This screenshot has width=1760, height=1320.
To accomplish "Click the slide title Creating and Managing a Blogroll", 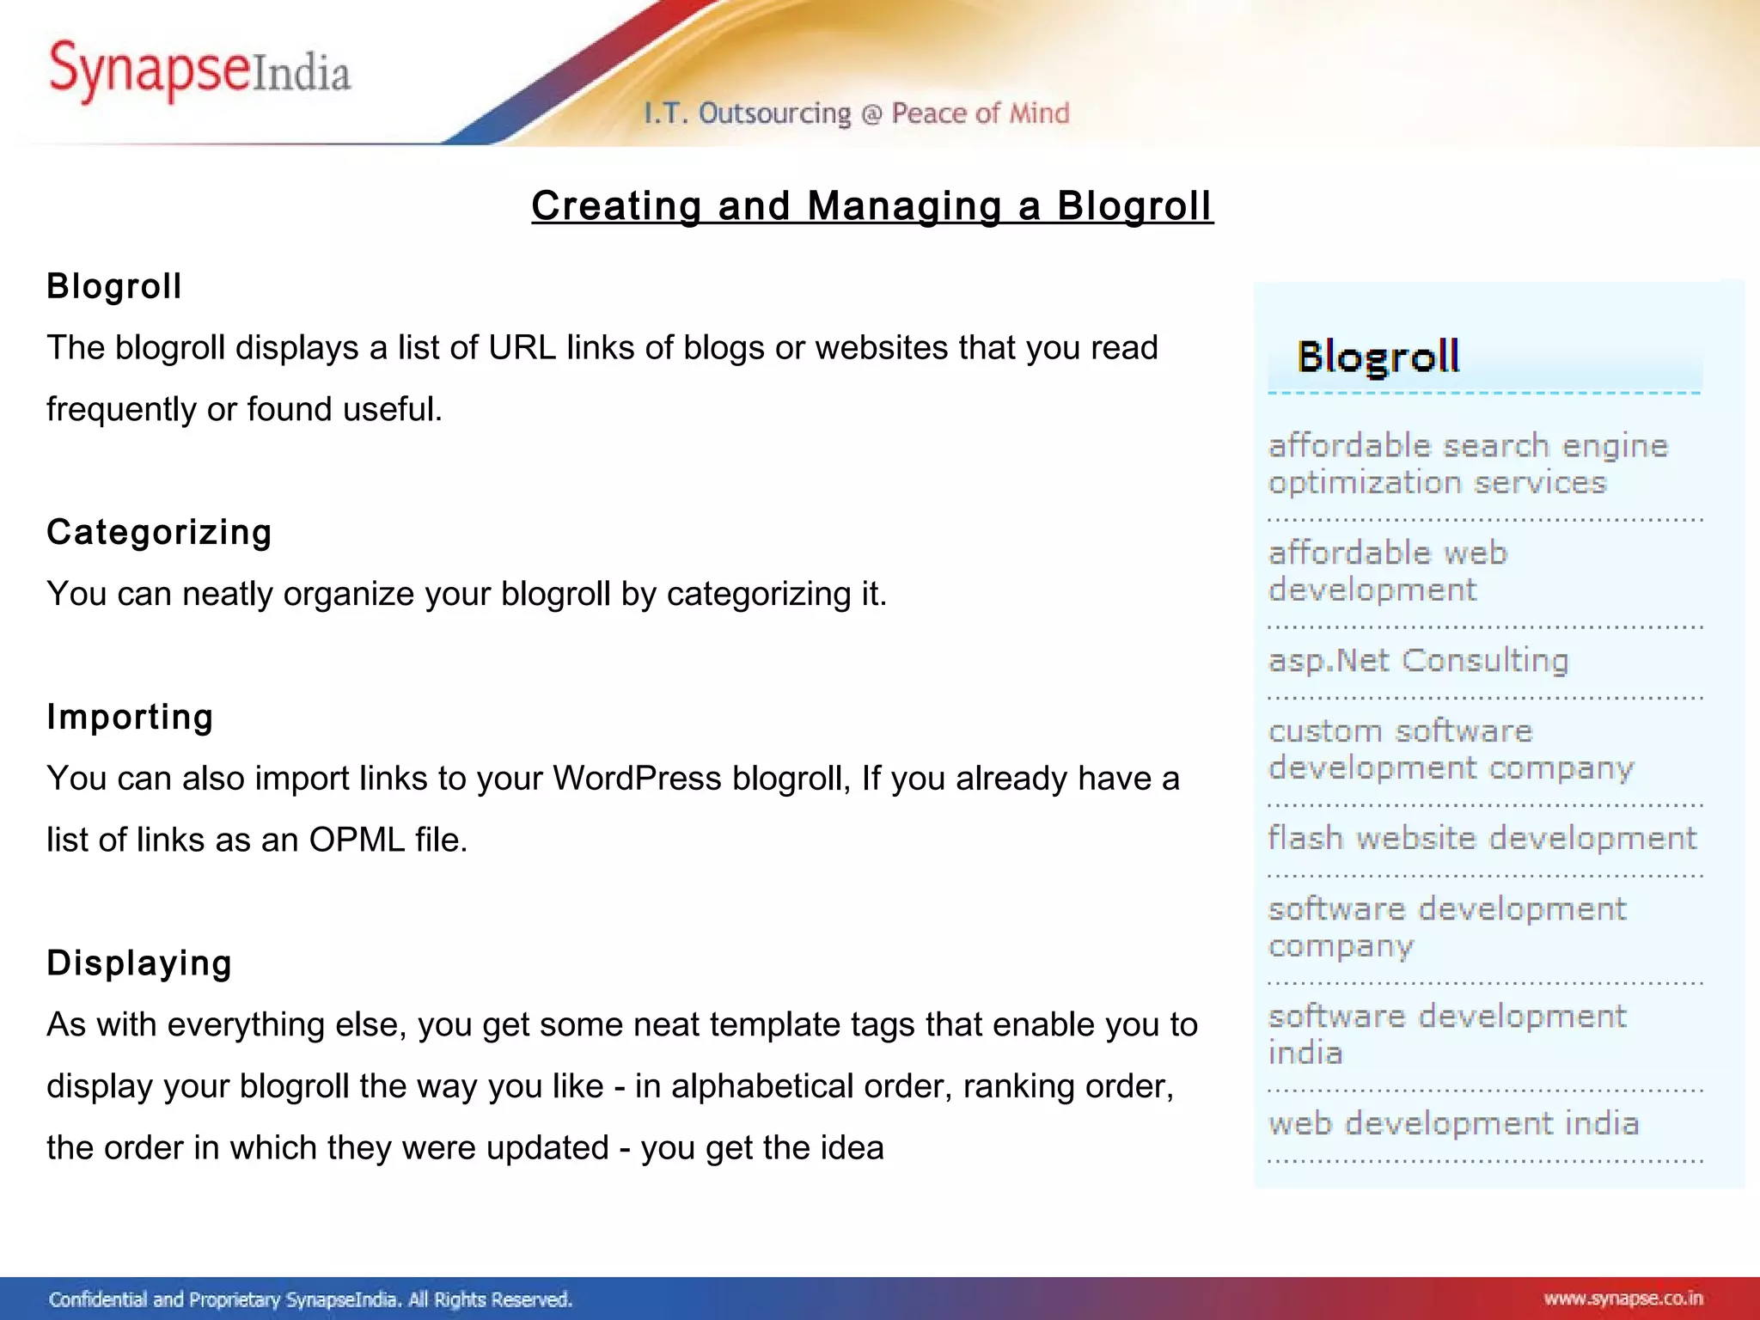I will pos(871,206).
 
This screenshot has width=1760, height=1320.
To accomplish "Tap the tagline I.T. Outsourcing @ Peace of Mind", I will pos(857,113).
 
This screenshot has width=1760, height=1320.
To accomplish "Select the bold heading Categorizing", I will pos(159,532).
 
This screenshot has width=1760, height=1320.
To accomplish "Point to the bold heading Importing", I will pos(130,717).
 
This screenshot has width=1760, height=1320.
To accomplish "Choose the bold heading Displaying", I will pos(139,962).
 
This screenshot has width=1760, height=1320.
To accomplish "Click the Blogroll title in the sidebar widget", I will pos(1378,357).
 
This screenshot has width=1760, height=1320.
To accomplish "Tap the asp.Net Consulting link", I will pos(1418,660).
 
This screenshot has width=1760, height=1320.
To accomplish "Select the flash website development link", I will pos(1482,838).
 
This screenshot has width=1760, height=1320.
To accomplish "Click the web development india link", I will pos(1453,1123).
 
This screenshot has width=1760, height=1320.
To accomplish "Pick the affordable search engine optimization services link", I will pos(1468,464).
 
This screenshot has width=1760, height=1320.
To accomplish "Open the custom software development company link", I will pos(1451,749).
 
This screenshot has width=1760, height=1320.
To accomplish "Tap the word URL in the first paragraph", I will pos(522,348).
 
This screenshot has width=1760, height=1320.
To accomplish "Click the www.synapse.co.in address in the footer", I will pos(1622,1299).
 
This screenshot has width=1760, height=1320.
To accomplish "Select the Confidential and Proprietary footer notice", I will pos(310,1299).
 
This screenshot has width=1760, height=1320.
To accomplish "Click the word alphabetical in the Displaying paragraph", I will pos(762,1086).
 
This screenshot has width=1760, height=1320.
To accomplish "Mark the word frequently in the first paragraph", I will pos(121,410).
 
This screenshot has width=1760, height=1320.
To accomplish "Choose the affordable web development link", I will pos(1387,571).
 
